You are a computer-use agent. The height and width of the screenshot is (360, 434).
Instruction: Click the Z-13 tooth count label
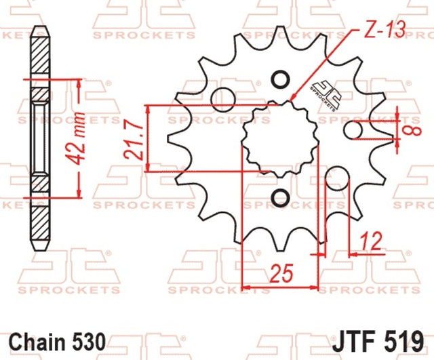coord(384,29)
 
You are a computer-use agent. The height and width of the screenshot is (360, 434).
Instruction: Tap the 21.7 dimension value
coord(134,142)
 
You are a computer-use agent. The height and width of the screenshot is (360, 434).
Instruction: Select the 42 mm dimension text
coord(75,138)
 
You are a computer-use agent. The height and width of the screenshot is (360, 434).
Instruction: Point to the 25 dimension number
coord(281,274)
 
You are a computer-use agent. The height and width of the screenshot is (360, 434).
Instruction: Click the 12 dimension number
coord(371,241)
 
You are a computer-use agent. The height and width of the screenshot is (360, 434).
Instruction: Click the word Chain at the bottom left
coord(37,342)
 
